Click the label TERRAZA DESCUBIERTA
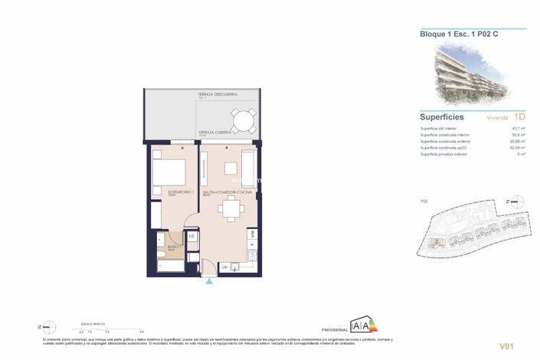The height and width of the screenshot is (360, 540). click(216, 94)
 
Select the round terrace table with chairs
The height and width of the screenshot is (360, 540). click(244, 121)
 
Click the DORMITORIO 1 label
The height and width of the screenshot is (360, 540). click(166, 192)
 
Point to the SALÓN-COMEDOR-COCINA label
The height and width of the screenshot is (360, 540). click(222, 192)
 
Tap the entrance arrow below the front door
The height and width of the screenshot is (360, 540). click(209, 281)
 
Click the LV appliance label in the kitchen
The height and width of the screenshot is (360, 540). click(225, 267)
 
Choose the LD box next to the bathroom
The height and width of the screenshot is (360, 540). click(191, 237)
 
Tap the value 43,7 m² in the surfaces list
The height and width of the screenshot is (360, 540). click(516, 129)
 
